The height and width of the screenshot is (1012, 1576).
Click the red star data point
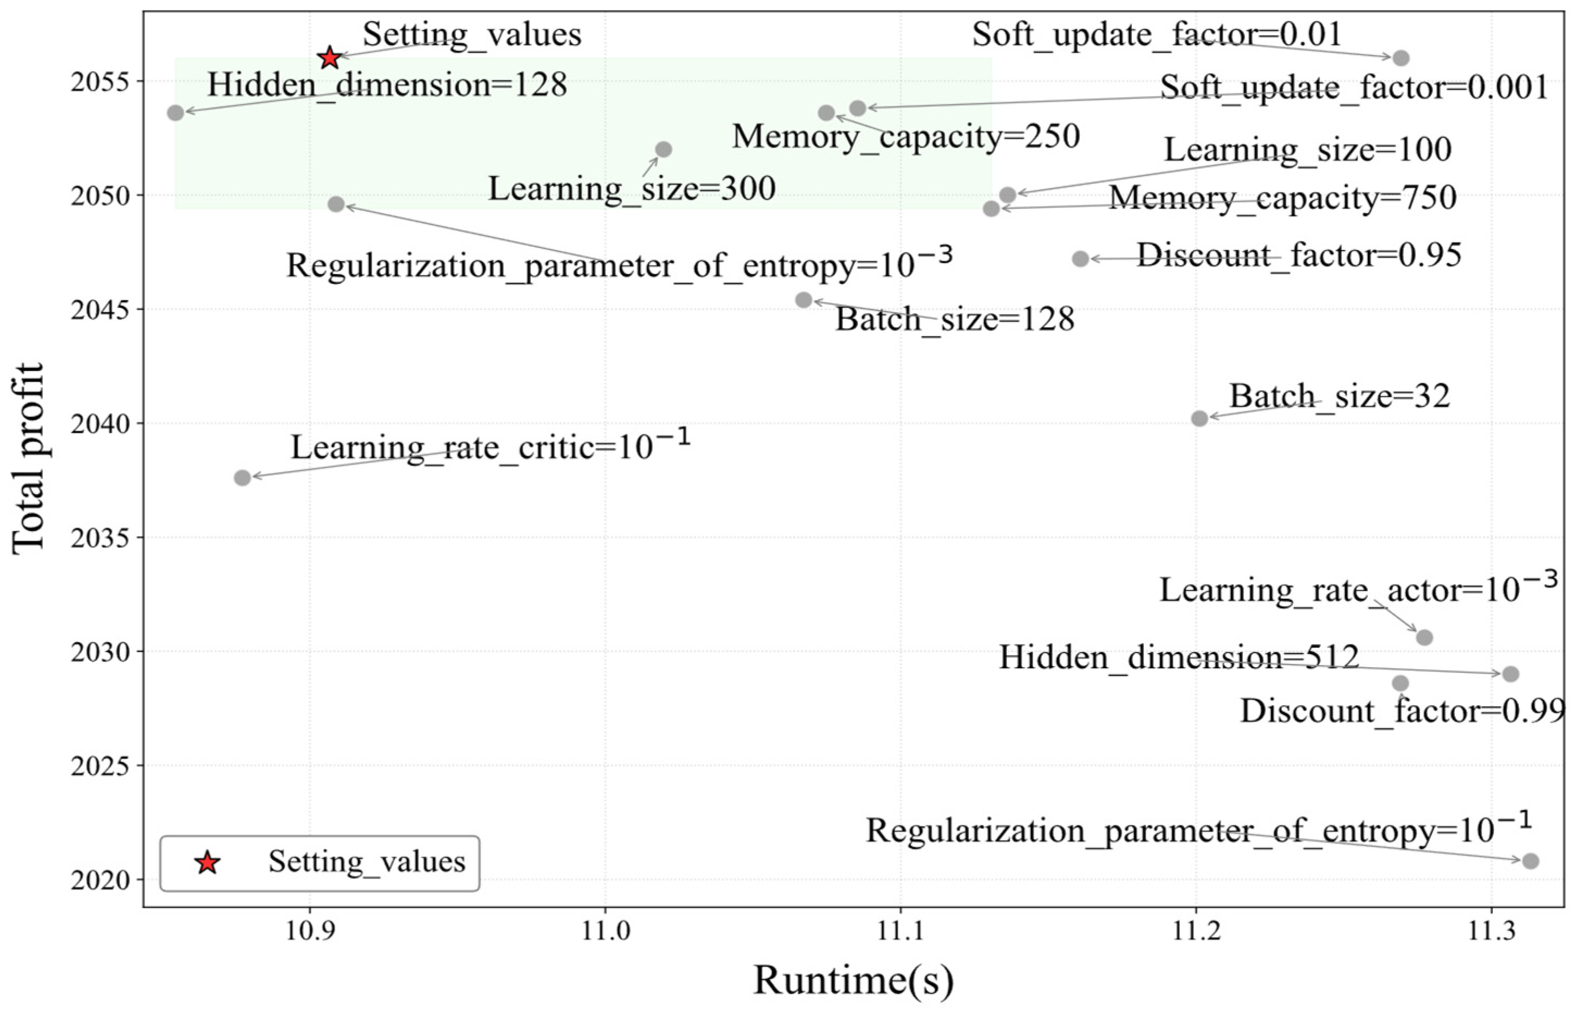(x=330, y=58)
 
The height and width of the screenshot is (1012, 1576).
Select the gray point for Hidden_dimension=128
(x=176, y=113)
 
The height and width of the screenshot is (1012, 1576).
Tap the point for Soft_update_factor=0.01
(x=1400, y=58)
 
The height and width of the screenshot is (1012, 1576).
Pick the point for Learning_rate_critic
(x=242, y=478)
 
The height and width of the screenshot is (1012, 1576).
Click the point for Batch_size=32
(x=1199, y=418)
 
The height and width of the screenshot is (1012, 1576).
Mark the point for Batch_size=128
(x=804, y=300)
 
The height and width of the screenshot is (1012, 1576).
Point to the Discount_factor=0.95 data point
(x=1080, y=259)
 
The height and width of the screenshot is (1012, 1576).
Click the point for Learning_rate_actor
(x=1424, y=637)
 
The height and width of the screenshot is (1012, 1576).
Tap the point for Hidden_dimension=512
(x=1510, y=674)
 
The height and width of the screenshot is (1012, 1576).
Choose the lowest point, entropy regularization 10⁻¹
(x=1530, y=861)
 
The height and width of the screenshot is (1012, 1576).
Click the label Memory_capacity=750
(x=1283, y=198)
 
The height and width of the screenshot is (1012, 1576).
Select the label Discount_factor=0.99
(x=1403, y=712)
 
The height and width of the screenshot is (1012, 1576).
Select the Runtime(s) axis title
(x=853, y=980)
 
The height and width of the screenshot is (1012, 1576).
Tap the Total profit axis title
(x=28, y=458)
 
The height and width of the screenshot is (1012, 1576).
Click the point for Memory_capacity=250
(x=826, y=113)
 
